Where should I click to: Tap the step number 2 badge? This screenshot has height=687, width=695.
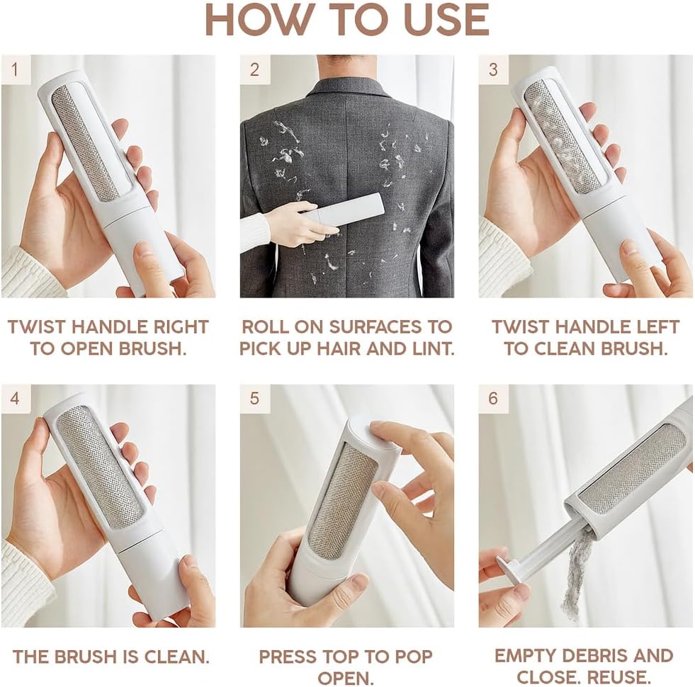click(254, 69)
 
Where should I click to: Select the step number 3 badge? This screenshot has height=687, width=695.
click(493, 69)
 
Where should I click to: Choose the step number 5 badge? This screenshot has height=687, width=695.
click(254, 398)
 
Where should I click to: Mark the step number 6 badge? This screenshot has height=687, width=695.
click(493, 398)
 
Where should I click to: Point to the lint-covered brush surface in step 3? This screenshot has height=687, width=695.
click(562, 135)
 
